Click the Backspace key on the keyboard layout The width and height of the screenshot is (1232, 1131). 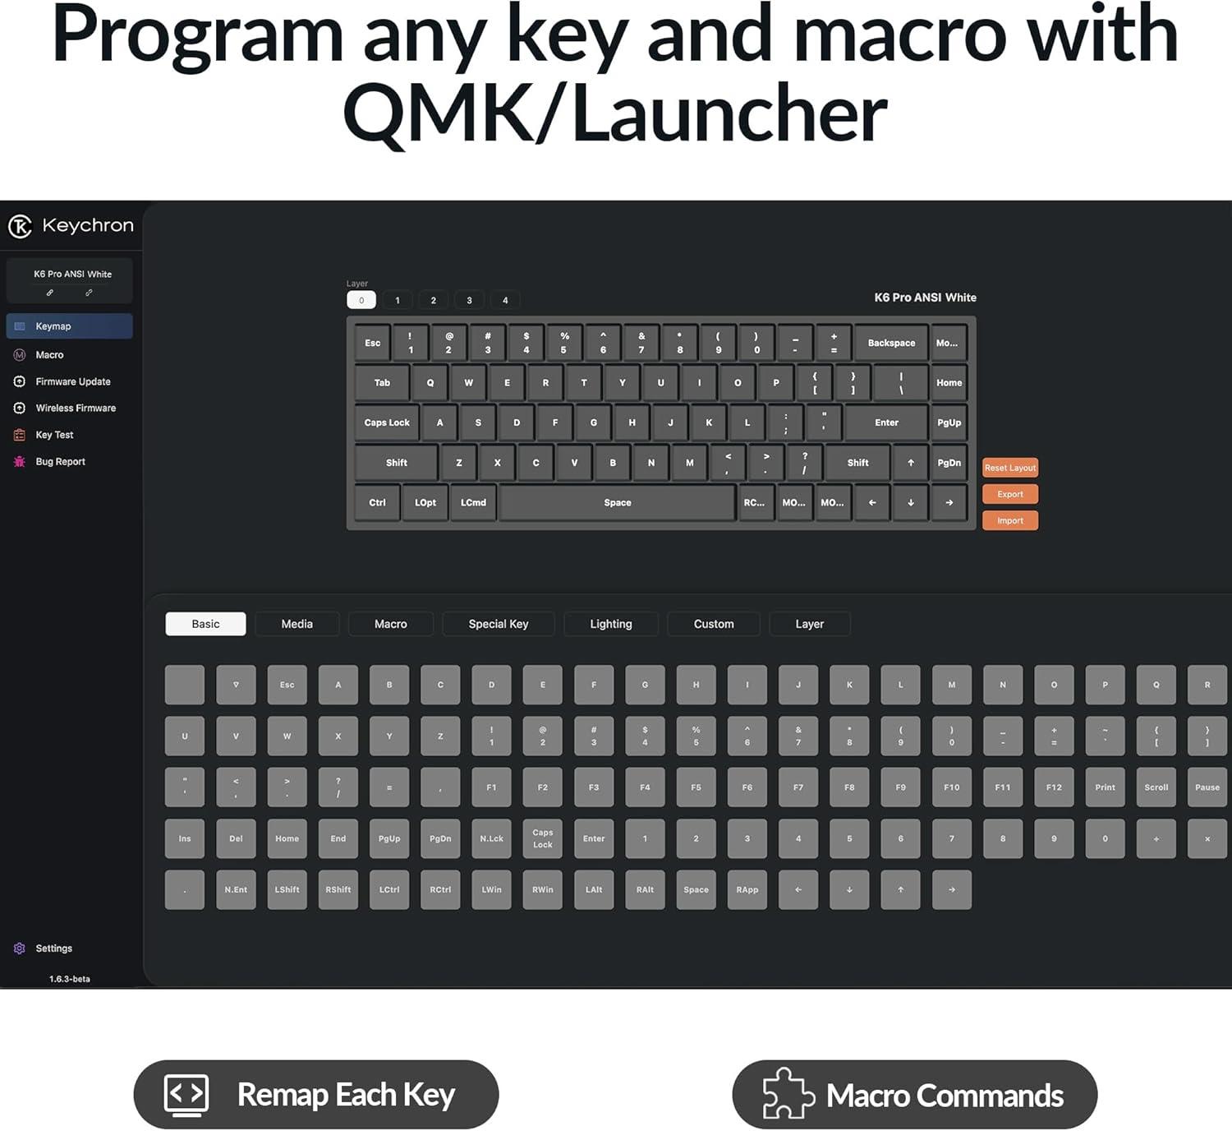pyautogui.click(x=890, y=343)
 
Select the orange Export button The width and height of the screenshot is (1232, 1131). pyautogui.click(x=1009, y=494)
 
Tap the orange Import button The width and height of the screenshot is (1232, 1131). pyautogui.click(x=1009, y=520)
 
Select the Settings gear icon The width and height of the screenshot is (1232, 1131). pyautogui.click(x=20, y=949)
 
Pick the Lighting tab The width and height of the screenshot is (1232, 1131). pyautogui.click(x=610, y=624)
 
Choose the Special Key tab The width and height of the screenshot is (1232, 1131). pyautogui.click(x=498, y=624)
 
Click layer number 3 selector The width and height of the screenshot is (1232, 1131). pyautogui.click(x=469, y=300)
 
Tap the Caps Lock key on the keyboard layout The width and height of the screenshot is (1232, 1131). pyautogui.click(x=387, y=422)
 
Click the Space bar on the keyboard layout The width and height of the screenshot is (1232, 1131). pyautogui.click(x=617, y=503)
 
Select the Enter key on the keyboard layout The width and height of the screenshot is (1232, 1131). pyautogui.click(x=886, y=422)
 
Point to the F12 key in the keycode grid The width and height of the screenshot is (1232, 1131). pyautogui.click(x=1054, y=787)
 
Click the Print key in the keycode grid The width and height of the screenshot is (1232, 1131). pyautogui.click(x=1105, y=787)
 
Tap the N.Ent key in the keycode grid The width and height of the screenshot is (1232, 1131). pyautogui.click(x=236, y=889)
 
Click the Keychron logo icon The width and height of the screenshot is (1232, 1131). pyautogui.click(x=20, y=226)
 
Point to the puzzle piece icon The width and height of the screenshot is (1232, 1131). pyautogui.click(x=788, y=1095)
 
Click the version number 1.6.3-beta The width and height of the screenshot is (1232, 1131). pyautogui.click(x=69, y=979)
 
